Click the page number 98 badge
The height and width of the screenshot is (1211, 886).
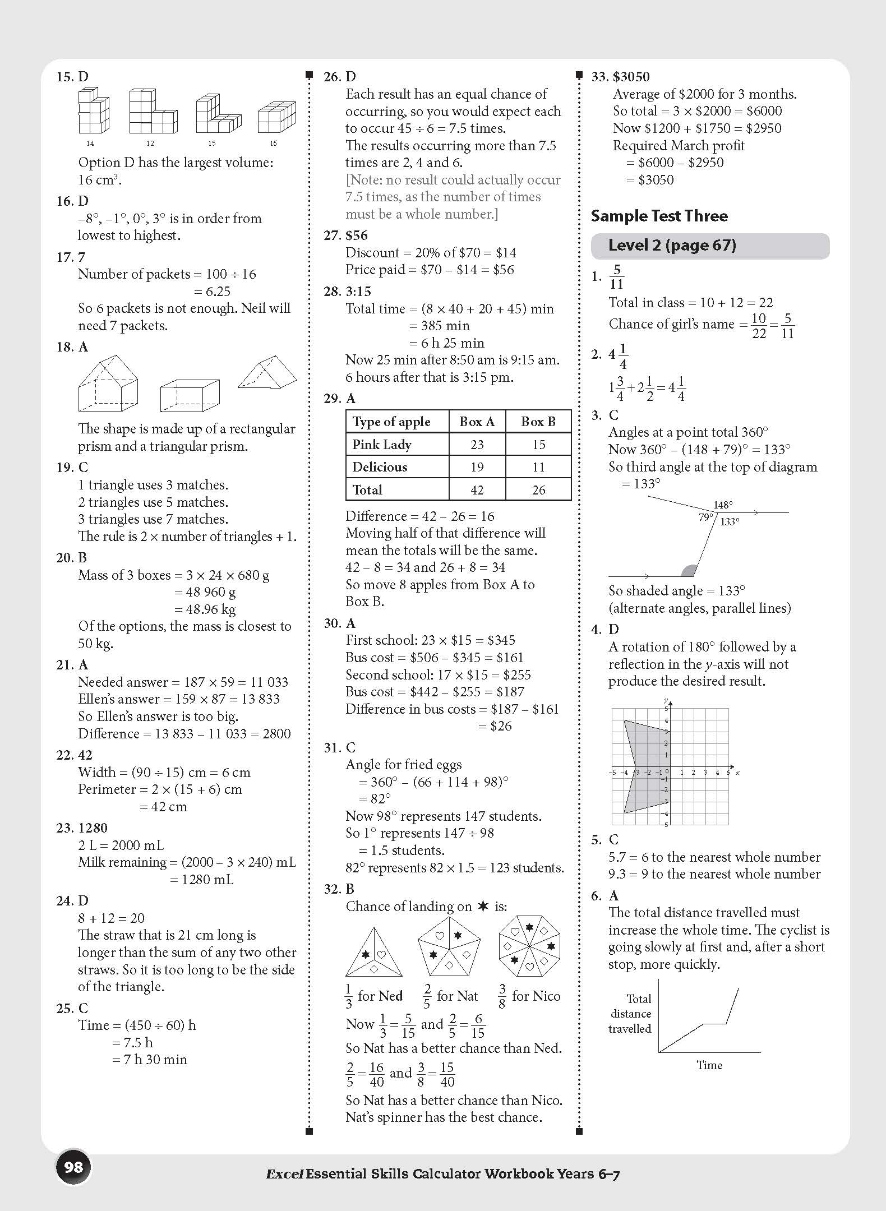click(x=73, y=1167)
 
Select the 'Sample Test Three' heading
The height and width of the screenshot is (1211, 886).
click(x=659, y=216)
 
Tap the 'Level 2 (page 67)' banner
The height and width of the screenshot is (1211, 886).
click(x=709, y=246)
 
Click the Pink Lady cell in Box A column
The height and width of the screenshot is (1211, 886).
click(x=477, y=445)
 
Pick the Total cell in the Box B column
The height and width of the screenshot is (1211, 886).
click(x=538, y=490)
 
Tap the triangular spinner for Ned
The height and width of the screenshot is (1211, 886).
click(x=373, y=953)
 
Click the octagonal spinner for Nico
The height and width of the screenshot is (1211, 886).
click(x=529, y=946)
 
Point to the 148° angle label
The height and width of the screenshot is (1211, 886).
click(x=723, y=505)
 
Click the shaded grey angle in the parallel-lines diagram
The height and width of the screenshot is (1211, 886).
click(x=689, y=571)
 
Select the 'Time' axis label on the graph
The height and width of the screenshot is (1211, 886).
click(x=709, y=1065)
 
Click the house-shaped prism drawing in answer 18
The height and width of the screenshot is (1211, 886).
click(x=108, y=383)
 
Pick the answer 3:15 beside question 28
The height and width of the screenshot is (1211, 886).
click(x=358, y=292)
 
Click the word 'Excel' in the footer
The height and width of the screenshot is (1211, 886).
click(x=284, y=1174)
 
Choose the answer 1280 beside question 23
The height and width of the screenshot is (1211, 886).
click(x=93, y=828)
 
